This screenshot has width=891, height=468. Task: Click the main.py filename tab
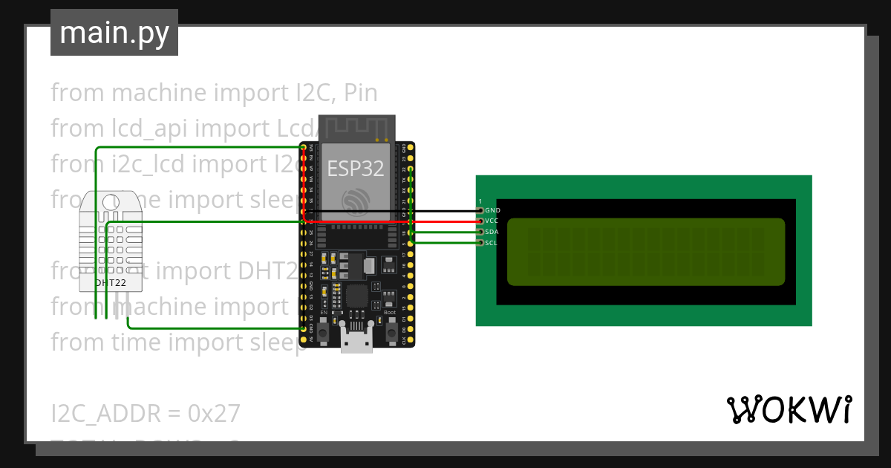(x=114, y=33)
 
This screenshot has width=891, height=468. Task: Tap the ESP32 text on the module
(x=356, y=169)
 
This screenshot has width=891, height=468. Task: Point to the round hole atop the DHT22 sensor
(x=111, y=201)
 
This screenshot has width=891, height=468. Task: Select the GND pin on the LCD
(x=480, y=211)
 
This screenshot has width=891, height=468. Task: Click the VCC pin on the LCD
(x=480, y=221)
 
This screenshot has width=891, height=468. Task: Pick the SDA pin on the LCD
(x=480, y=232)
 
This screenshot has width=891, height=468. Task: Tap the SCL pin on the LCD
(x=480, y=242)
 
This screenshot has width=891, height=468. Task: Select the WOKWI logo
(x=789, y=410)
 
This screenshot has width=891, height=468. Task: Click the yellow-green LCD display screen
(x=645, y=252)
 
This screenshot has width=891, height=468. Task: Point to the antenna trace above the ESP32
(x=356, y=128)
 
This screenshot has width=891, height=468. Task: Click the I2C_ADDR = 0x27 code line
(x=146, y=413)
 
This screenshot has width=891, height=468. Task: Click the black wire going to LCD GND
(x=446, y=211)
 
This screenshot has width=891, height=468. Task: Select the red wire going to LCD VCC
(x=446, y=221)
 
